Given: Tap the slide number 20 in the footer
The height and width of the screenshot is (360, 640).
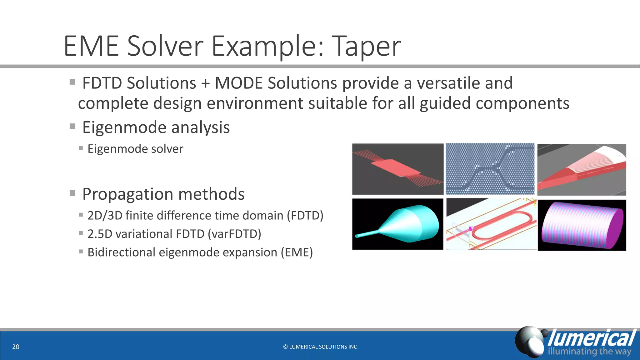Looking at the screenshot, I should click(x=16, y=347).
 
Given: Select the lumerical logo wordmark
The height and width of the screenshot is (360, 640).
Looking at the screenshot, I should click(x=592, y=338).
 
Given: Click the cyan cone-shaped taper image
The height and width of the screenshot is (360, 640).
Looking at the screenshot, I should click(x=397, y=224).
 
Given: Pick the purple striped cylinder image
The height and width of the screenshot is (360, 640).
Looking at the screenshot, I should click(x=582, y=225).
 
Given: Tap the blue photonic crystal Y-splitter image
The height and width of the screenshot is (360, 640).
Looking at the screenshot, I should click(x=490, y=169).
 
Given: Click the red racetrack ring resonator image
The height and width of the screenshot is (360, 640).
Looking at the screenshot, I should click(x=491, y=224).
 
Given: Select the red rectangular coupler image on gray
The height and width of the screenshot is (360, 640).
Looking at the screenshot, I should click(x=397, y=169).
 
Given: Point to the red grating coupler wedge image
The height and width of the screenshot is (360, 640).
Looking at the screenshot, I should click(x=582, y=170).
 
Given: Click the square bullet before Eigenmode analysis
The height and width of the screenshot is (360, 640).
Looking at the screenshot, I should click(x=72, y=127).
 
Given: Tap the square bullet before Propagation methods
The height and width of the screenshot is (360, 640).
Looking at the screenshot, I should click(x=72, y=193).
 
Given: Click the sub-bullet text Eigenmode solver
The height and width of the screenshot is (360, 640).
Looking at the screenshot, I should click(x=135, y=149).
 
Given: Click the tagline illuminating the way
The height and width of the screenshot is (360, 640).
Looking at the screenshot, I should click(x=589, y=351).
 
